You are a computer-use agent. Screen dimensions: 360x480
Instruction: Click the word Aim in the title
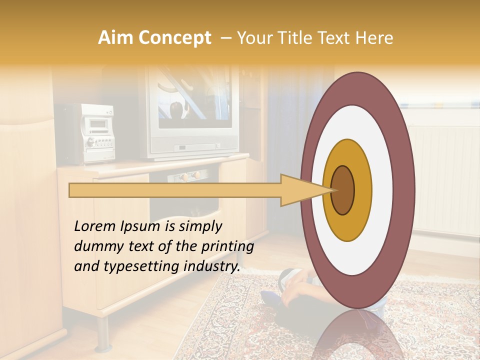pos(116,38)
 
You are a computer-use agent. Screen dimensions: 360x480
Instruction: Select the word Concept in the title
pos(174,38)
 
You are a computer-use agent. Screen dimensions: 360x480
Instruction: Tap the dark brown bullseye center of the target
pos(343,190)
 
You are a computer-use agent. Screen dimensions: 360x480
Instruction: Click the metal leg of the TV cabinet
pos(103,332)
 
